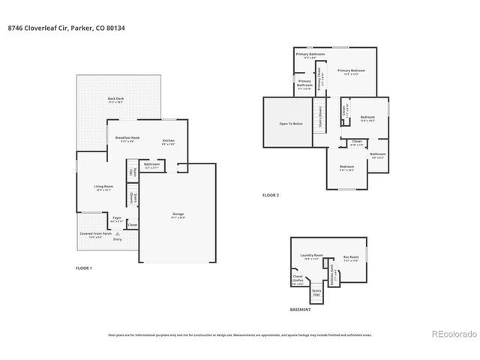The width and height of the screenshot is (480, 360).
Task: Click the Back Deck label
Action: click(115, 98)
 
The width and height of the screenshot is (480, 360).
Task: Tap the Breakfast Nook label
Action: click(127, 138)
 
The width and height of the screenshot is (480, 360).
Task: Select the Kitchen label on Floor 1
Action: click(169, 141)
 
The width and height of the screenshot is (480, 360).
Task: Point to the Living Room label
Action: click(103, 186)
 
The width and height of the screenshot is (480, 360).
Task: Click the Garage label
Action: click(178, 214)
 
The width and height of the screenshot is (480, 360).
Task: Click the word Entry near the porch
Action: click(117, 239)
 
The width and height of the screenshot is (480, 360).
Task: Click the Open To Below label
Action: click(291, 123)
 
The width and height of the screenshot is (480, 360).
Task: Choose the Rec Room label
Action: click(351, 257)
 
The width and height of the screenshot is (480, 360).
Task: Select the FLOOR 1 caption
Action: click(84, 268)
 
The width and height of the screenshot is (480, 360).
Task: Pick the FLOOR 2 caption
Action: click(270, 195)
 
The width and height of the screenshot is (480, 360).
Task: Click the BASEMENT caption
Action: click(300, 309)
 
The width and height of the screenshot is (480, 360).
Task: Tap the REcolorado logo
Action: click(451, 334)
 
